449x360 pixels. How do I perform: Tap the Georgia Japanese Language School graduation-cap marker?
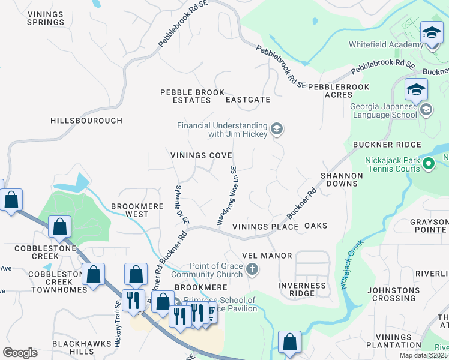417,90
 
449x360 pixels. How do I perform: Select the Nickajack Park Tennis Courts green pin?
429,163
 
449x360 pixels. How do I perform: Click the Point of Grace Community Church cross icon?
252,269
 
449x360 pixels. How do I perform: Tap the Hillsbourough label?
86,121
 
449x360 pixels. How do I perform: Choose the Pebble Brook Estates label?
184,96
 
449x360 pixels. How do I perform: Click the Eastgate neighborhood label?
247,100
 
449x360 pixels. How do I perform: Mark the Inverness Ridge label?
302,289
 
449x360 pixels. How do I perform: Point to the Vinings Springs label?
46,17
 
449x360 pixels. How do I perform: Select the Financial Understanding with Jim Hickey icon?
277,129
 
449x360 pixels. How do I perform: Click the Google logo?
20,352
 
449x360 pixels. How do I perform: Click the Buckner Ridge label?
387,145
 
